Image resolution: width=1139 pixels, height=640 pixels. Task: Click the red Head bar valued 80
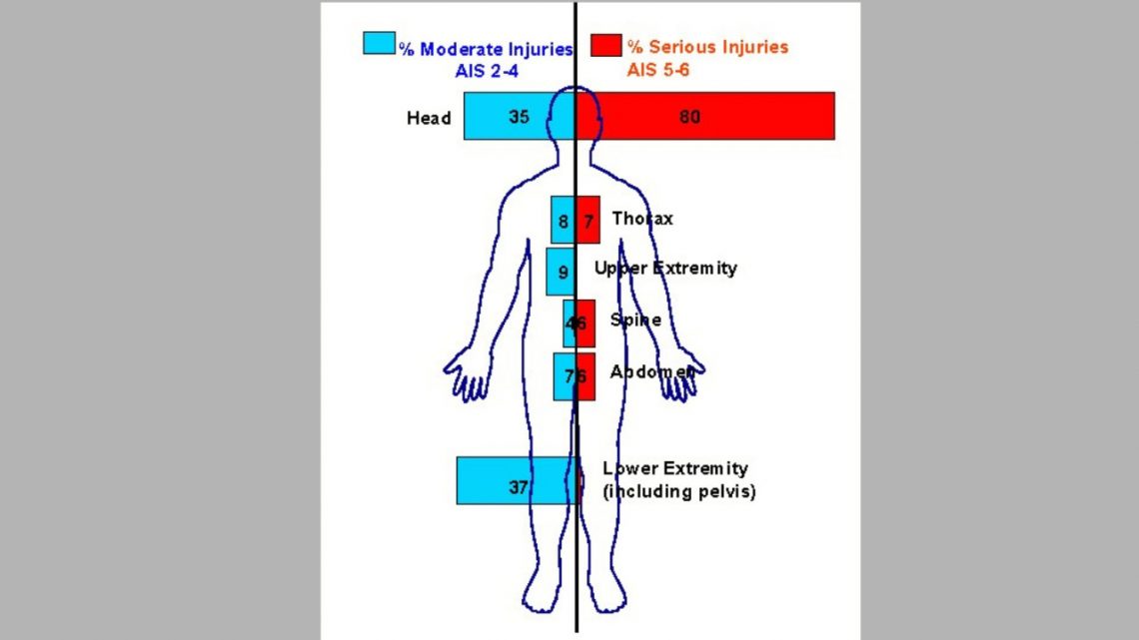[x=705, y=116]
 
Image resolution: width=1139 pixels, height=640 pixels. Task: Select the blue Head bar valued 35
[x=520, y=116]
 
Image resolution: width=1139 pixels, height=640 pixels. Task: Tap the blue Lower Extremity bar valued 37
[x=516, y=480]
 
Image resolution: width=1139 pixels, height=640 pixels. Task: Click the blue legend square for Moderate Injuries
[x=378, y=45]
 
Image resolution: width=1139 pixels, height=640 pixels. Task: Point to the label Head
[x=429, y=118]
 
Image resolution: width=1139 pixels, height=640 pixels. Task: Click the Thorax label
[x=642, y=219]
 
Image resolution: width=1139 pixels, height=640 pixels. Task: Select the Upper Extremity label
[x=665, y=268]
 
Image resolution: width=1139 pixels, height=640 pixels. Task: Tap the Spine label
[x=635, y=320]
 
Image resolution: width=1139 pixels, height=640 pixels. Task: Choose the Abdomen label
[x=651, y=370]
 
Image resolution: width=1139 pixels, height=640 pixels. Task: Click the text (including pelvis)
[x=678, y=491]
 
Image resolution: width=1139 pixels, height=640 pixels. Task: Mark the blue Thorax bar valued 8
[x=564, y=220]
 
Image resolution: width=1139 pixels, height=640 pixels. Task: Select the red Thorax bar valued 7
[x=588, y=220]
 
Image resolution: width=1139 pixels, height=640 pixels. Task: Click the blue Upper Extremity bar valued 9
[x=561, y=272]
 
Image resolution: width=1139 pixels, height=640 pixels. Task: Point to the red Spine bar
[x=586, y=323]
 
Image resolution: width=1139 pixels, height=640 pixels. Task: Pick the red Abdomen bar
[x=586, y=376]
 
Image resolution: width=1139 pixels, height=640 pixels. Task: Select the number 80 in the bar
[x=689, y=116]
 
